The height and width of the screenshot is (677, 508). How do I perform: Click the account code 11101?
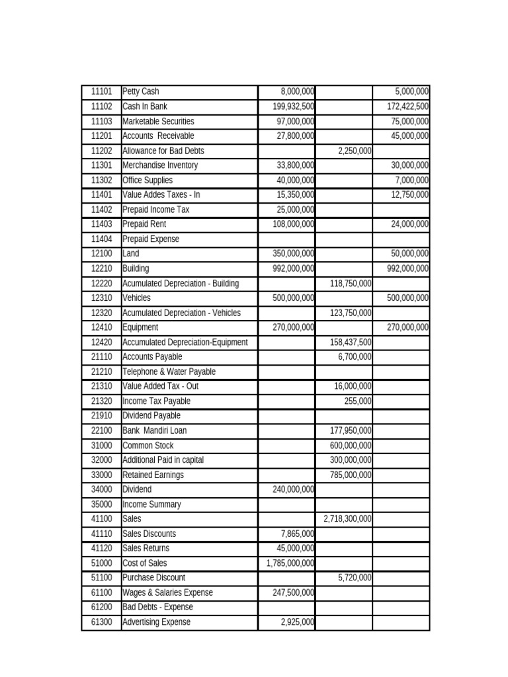[101, 92]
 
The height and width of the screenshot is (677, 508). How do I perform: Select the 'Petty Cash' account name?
[141, 92]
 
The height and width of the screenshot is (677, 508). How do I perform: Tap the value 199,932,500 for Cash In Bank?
[293, 106]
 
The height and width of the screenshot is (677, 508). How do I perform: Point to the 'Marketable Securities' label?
[159, 122]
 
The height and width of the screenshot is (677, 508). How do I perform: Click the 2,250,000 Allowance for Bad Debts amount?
[355, 151]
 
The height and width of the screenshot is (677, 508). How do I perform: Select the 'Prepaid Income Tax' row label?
[156, 210]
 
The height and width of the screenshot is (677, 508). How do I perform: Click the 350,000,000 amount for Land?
[293, 254]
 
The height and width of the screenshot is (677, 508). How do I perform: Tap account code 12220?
[101, 284]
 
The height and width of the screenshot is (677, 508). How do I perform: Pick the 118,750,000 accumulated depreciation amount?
[351, 284]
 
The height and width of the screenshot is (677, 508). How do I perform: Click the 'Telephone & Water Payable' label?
[169, 372]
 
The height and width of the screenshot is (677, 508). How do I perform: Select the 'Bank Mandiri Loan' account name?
[155, 430]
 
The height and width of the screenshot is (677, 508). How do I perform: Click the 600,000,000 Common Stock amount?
[351, 446]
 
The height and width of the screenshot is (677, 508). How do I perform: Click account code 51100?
[101, 578]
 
